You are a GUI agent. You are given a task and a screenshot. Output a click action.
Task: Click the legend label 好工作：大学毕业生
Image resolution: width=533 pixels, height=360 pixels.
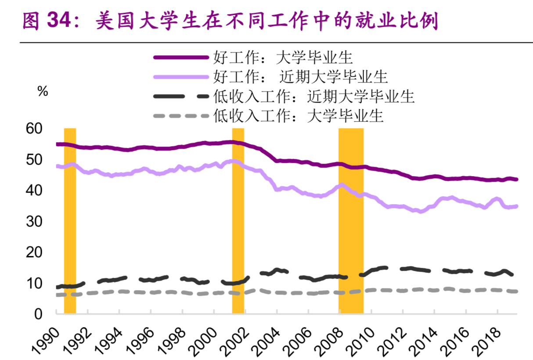point(283,58)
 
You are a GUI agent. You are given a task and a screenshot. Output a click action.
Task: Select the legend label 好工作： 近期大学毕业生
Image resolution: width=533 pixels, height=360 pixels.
point(300,76)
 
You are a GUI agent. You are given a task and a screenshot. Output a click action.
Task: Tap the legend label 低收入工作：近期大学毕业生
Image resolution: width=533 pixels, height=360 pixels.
point(313,96)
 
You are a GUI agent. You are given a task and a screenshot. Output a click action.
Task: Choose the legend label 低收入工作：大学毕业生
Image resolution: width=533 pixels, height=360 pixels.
point(298,116)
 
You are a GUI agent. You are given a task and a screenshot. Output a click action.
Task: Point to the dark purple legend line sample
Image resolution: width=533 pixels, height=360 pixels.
point(180,58)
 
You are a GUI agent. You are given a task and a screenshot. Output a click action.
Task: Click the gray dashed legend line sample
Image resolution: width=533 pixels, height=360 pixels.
point(180,116)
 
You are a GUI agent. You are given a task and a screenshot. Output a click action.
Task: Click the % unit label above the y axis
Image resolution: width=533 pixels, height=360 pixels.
point(43,92)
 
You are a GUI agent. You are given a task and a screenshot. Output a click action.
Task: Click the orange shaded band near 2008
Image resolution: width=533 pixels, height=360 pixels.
point(351,220)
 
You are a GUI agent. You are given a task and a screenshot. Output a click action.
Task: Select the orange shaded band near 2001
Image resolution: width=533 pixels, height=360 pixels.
point(238,220)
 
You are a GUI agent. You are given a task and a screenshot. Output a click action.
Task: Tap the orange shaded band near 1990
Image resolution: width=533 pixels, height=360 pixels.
point(70,220)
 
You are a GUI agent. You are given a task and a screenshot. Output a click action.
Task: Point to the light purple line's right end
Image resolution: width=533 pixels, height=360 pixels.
point(516,206)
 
